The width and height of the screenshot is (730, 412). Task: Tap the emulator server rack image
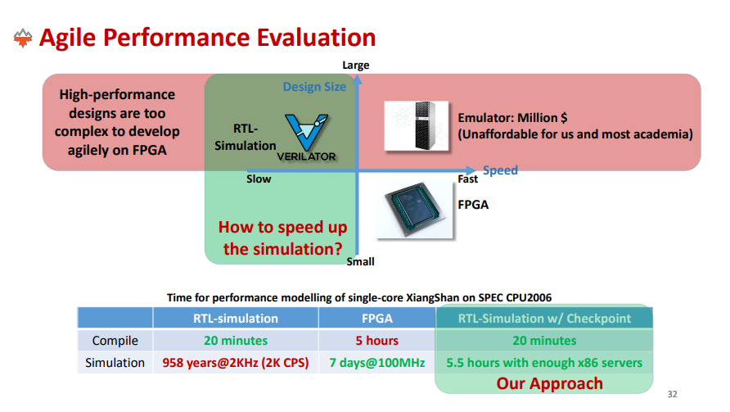pos(417,126)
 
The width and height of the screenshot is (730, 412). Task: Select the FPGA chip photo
pos(414,209)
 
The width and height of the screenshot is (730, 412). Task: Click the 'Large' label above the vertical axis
pos(356,66)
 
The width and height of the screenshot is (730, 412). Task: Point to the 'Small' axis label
pos(360,262)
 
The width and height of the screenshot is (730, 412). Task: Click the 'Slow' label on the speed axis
pos(259,179)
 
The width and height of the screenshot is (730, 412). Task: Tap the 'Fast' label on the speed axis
pos(467,179)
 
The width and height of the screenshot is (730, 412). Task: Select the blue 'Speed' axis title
pos(500,170)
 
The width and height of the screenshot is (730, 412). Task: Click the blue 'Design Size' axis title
pos(314,87)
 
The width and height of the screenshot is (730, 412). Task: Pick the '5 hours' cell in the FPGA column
pos(377,341)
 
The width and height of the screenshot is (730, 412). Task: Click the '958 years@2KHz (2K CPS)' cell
pos(236,363)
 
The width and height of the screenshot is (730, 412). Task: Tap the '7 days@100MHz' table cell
pos(377,363)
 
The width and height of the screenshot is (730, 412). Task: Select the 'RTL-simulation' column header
pos(236,319)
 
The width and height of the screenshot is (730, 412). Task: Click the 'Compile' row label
pos(115,341)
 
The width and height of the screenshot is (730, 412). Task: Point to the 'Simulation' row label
pos(115,363)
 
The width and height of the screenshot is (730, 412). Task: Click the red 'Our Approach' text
pos(549,383)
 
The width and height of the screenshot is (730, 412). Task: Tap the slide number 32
pos(672,394)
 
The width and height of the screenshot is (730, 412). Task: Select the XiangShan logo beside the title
pos(23,38)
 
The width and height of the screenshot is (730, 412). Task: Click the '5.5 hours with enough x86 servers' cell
pos(544,363)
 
